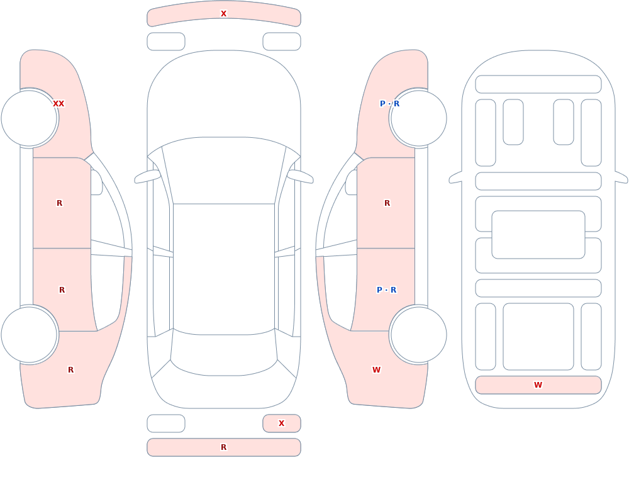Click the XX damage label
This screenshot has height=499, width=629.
coord(58,104)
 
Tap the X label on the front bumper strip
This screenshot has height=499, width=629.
coord(224,14)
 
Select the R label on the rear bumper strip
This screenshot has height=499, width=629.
coord(224,447)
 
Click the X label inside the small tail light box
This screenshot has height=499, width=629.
coord(282,423)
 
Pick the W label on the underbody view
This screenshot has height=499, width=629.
coord(538,385)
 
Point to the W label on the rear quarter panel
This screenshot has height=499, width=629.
coord(376,370)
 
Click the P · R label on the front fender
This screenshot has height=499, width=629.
coord(389,104)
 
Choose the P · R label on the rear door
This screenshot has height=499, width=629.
coord(387,290)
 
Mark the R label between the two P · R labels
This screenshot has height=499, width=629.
coord(387,203)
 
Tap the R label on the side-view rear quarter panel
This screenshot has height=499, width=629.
coord(70,370)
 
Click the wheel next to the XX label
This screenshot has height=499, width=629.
coord(30,118)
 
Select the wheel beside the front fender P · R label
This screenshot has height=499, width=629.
coord(418,118)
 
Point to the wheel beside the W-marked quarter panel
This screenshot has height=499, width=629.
coord(418,334)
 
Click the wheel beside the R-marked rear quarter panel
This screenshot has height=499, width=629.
coord(30,334)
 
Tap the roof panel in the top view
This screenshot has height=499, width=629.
coord(224,269)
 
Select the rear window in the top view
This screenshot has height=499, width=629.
coord(224,353)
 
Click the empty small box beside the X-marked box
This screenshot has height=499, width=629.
coord(166,423)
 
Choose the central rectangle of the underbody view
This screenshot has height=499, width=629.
coord(538,235)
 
